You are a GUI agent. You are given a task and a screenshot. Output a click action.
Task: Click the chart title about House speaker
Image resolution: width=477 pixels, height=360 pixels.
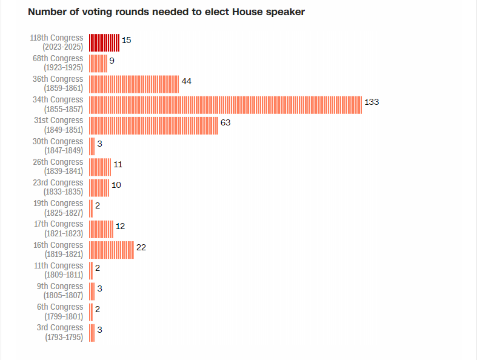coord(166,12)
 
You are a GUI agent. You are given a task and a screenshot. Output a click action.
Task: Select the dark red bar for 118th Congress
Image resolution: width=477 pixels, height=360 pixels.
coord(104,42)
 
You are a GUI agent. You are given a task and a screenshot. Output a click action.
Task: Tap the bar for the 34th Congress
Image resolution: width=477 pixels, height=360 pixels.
coord(225,105)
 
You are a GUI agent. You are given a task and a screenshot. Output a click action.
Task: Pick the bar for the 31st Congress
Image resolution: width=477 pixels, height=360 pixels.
coord(153,125)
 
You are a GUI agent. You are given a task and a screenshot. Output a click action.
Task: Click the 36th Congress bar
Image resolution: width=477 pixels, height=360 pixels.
coord(134,84)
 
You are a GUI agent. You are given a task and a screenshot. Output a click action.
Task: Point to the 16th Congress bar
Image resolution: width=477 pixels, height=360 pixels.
coord(112,250)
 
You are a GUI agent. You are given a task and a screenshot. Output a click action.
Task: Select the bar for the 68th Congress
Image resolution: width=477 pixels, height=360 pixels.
coord(98,64)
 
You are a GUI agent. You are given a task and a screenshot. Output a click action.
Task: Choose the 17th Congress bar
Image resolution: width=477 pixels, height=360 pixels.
coord(101,229)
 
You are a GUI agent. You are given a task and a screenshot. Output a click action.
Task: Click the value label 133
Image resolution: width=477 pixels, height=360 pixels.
coord(372,102)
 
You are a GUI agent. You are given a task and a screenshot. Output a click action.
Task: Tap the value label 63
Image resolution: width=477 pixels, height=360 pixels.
coord(225,122)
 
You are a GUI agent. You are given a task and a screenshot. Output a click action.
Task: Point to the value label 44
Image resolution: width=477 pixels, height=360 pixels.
coord(187,81)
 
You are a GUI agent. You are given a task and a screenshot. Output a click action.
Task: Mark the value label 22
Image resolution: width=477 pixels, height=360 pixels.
coord(141,247)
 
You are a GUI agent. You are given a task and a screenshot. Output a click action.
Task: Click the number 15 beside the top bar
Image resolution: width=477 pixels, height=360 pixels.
coord(126,40)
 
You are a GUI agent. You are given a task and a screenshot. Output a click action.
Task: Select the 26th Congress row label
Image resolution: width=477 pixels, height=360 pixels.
coord(58,167)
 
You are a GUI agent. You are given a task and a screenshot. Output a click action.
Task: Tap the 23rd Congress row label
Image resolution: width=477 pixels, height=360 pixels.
coord(58,187)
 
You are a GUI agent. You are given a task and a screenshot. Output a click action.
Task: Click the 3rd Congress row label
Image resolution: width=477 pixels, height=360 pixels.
coord(60,333)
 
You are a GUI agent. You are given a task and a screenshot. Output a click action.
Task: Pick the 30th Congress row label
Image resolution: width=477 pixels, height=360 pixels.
coord(58,146)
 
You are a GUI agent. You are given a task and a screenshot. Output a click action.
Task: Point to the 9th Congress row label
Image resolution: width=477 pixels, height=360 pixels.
coord(60,291)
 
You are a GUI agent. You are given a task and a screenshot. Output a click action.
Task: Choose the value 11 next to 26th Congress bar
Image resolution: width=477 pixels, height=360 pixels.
coord(118,164)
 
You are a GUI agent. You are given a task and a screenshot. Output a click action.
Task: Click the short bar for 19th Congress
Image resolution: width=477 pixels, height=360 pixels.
coord(91,208)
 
